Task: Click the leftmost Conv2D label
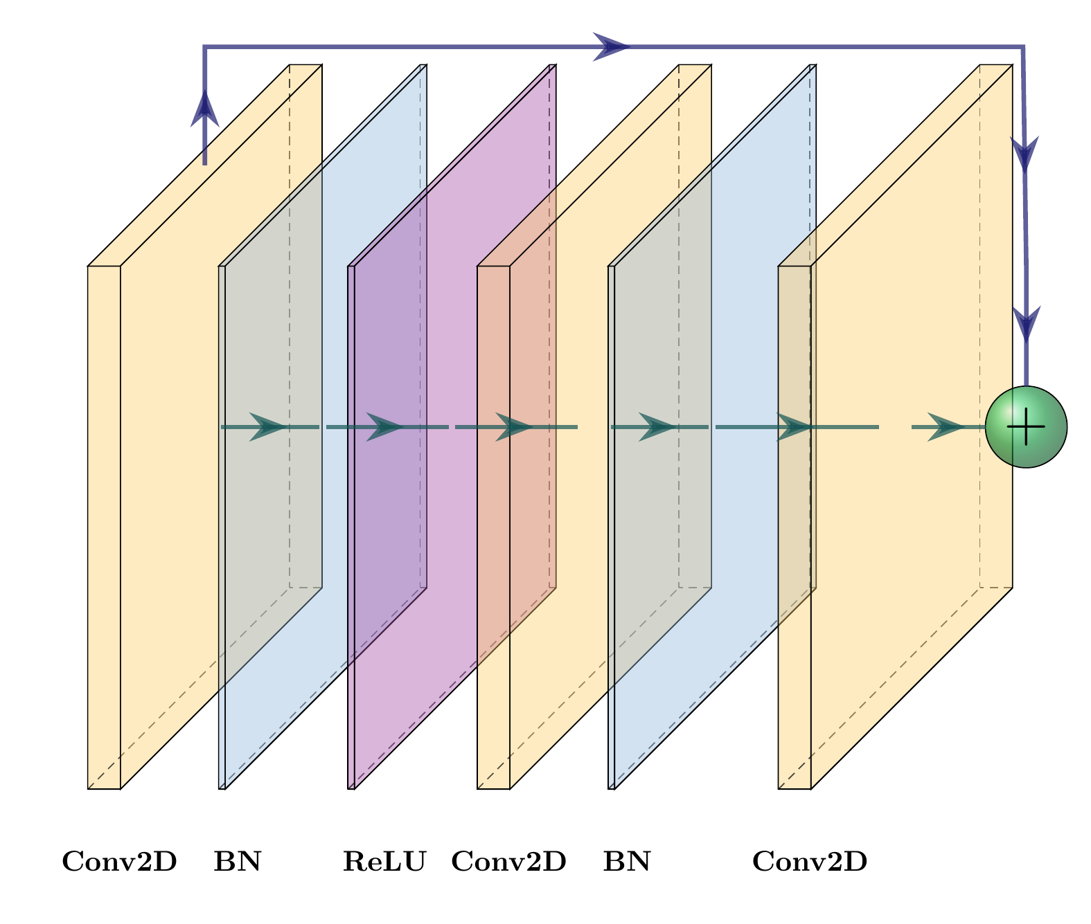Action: click(119, 862)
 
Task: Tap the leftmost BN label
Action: click(238, 862)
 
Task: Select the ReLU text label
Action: click(384, 862)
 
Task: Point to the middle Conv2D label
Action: click(509, 862)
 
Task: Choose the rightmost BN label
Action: click(627, 862)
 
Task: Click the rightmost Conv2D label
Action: click(810, 862)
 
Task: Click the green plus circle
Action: click(1026, 427)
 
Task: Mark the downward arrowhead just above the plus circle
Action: click(1027, 324)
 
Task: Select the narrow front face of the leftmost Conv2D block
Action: click(104, 526)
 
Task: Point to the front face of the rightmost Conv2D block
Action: click(795, 526)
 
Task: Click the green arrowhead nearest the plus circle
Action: click(944, 427)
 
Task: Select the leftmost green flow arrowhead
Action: click(267, 427)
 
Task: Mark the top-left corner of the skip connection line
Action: click(204, 47)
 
